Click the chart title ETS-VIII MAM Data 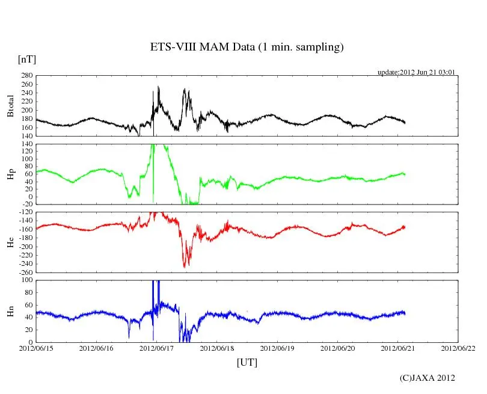(x=247, y=48)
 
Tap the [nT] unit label (x=26, y=59)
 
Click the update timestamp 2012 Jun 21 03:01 (x=416, y=72)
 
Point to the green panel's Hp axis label (x=10, y=174)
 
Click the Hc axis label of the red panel (x=10, y=242)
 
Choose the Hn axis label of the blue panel (x=10, y=311)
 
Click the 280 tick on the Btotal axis (x=26, y=76)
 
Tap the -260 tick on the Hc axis (x=24, y=272)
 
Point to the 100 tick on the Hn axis (x=26, y=280)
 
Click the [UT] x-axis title (x=247, y=362)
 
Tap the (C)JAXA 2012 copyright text (x=427, y=378)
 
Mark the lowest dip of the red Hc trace (x=185, y=266)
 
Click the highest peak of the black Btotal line (x=158, y=87)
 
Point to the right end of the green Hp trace (x=405, y=174)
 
